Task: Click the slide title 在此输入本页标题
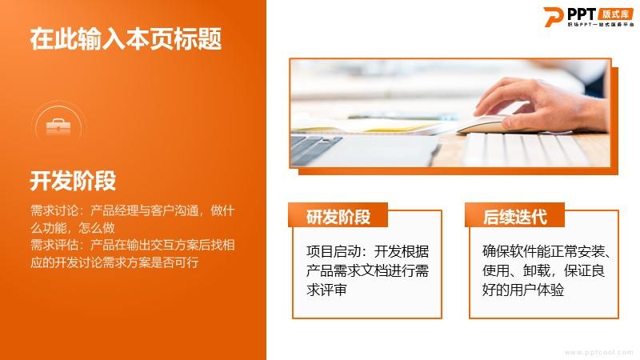pyautogui.click(x=126, y=38)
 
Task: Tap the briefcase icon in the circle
pyautogui.click(x=58, y=126)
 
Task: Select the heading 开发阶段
pyautogui.click(x=73, y=181)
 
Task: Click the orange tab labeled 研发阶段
pyautogui.click(x=338, y=215)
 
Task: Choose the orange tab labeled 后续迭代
pyautogui.click(x=514, y=215)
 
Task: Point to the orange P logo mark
pyautogui.click(x=554, y=17)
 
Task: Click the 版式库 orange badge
pyautogui.click(x=615, y=14)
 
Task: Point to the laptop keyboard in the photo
pyautogui.click(x=315, y=148)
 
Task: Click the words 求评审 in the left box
pyautogui.click(x=326, y=290)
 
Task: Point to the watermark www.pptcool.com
pyautogui.click(x=598, y=352)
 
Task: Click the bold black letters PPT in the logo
pyautogui.click(x=582, y=14)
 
